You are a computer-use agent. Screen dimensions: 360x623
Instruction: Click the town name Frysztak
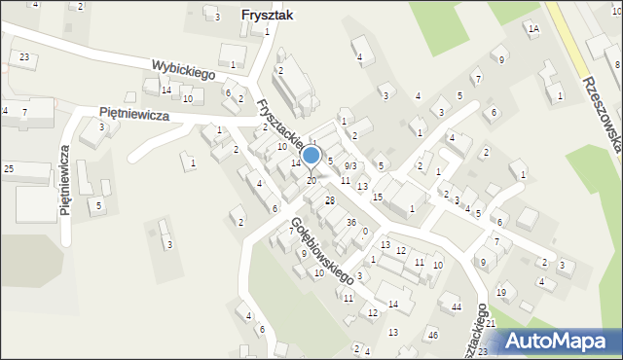(266, 15)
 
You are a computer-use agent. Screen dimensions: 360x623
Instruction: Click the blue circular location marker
(311, 155)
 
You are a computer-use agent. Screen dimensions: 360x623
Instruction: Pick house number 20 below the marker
(311, 181)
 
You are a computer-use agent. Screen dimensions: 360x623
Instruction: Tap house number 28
(330, 200)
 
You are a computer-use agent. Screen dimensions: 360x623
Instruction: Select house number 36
(351, 223)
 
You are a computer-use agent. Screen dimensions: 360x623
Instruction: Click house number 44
(456, 306)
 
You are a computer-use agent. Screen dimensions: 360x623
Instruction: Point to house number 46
(433, 336)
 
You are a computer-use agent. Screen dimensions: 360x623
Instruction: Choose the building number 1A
(533, 29)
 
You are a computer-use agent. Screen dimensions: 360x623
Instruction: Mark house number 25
(8, 169)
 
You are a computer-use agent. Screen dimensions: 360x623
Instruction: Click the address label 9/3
(350, 166)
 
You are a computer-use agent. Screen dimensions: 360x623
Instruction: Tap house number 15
(378, 197)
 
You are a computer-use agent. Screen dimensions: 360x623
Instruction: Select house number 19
(501, 292)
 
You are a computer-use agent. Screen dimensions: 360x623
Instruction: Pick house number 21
(492, 323)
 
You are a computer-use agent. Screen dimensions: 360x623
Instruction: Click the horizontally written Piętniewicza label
(134, 114)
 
